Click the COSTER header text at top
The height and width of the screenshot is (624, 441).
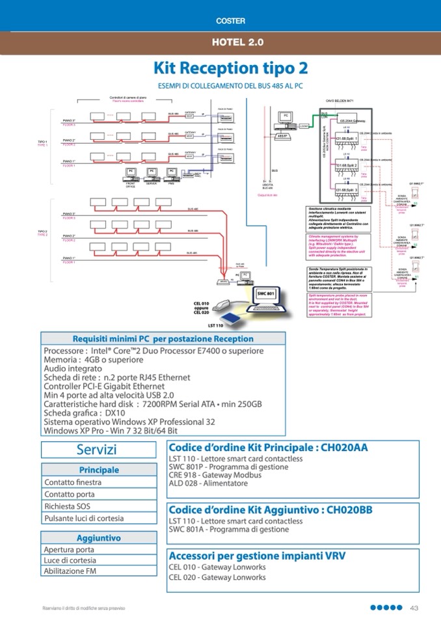230,21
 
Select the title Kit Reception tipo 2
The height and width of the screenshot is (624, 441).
230,68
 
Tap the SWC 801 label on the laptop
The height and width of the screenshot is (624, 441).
267,294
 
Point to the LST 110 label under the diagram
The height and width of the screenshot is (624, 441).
215,325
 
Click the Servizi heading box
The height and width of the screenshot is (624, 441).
97,450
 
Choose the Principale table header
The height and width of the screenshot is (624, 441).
99,470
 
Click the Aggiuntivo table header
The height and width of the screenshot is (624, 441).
99,538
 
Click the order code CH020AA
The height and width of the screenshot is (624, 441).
340,448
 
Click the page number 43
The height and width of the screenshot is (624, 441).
414,608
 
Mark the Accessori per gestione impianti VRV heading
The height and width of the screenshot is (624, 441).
257,556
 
